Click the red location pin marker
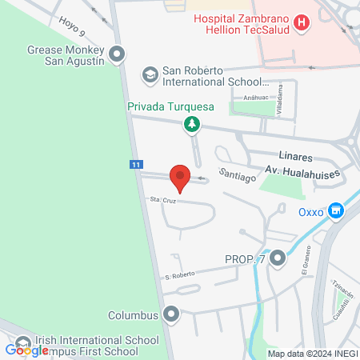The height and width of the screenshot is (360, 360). tap(180, 178)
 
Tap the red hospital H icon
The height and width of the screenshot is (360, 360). tap(301, 23)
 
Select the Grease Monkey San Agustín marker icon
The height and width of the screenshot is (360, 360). tap(118, 55)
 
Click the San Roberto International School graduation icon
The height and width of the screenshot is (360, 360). tap(150, 75)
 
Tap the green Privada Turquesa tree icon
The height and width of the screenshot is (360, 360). tap(191, 124)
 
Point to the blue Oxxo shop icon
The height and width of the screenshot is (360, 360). tap(338, 211)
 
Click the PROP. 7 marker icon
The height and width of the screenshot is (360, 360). tap(278, 258)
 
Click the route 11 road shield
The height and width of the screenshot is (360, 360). tap(136, 164)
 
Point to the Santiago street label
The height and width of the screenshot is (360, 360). tap(238, 174)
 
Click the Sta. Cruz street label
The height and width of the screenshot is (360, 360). tap(162, 200)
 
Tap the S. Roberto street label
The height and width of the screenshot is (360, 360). tap(180, 275)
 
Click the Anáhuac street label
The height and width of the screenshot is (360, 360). tap(245, 98)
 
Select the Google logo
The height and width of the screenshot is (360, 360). tap(26, 349)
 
